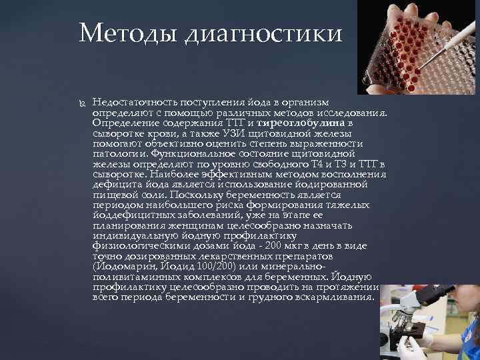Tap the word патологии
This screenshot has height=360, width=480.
115,154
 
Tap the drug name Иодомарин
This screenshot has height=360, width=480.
123,267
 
